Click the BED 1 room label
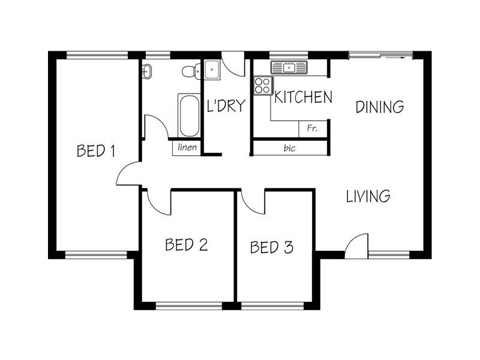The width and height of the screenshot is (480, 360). (x=96, y=150)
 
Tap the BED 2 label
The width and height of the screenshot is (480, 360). (x=187, y=245)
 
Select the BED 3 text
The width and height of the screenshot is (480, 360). (x=272, y=247)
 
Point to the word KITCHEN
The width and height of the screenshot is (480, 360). (x=303, y=97)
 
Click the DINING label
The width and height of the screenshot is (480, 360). (x=379, y=107)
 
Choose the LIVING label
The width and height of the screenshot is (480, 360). (x=369, y=196)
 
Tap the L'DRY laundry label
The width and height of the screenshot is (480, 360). (x=226, y=106)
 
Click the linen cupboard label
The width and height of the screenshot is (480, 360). (x=187, y=148)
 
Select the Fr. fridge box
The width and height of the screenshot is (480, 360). (x=312, y=128)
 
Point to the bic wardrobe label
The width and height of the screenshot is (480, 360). (x=290, y=148)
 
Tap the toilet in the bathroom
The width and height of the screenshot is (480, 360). (x=190, y=71)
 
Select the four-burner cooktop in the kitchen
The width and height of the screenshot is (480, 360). (x=263, y=85)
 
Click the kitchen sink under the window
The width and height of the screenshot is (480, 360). (x=289, y=67)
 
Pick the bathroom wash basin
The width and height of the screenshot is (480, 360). (x=147, y=72)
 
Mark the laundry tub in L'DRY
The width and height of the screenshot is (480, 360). (x=213, y=70)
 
